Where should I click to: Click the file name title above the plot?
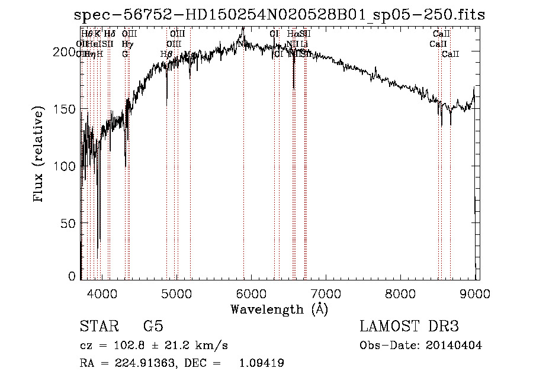(277, 15)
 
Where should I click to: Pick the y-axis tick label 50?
(69, 223)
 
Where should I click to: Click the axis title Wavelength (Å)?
(279, 309)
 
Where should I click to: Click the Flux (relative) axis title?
(40, 155)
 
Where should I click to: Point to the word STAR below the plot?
(98, 327)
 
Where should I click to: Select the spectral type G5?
(153, 327)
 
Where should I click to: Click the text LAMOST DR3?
(409, 327)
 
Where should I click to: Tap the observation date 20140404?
(457, 346)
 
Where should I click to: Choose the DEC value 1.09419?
(261, 363)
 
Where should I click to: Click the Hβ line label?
(166, 54)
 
